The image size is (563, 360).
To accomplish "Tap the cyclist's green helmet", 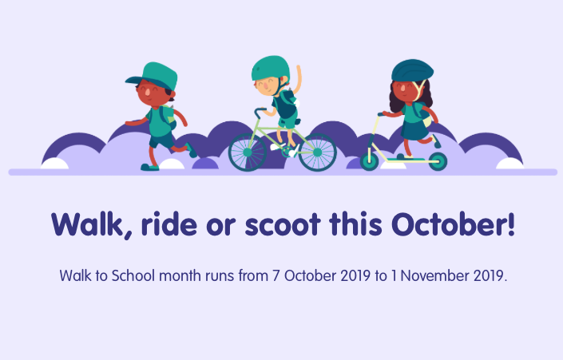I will click(x=270, y=67).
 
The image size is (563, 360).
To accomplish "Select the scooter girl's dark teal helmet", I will click(x=411, y=71).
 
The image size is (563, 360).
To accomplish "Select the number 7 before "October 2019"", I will click(x=276, y=276).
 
